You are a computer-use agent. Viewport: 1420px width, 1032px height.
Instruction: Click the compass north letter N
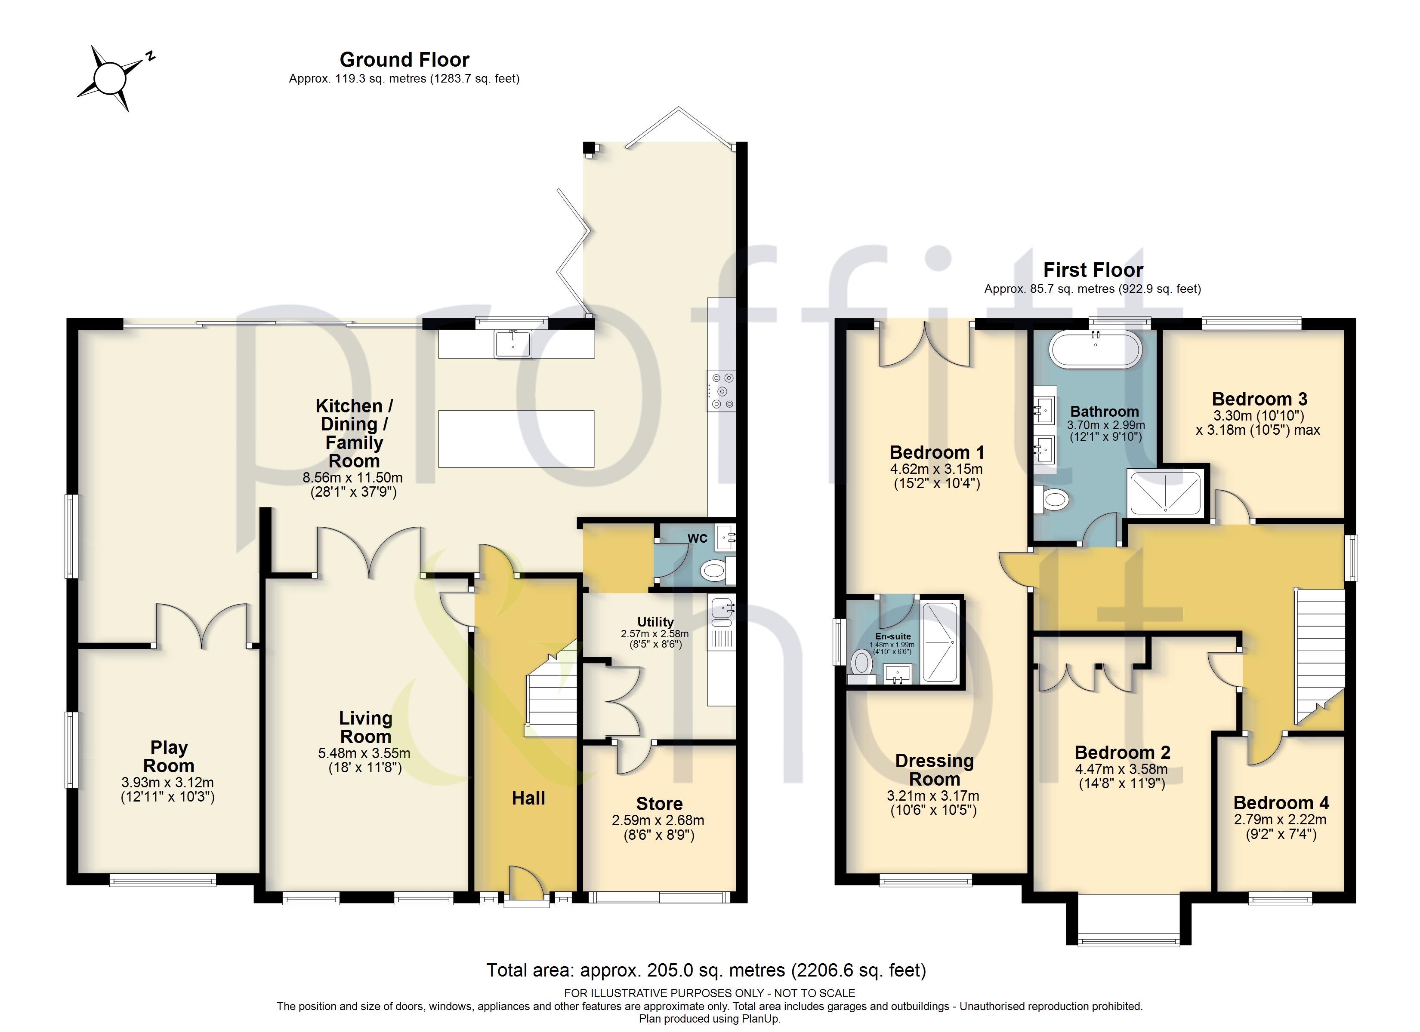coord(150,57)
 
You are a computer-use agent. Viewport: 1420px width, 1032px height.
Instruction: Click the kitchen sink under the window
coord(513,344)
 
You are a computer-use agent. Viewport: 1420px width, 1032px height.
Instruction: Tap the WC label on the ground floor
coord(698,538)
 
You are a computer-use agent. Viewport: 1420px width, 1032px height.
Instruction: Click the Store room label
coord(659,804)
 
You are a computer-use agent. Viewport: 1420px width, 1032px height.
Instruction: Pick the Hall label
coord(528,798)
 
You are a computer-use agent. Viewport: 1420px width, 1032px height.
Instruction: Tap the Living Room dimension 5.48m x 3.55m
coord(364,753)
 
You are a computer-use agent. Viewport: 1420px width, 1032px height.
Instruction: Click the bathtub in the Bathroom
coord(1095,349)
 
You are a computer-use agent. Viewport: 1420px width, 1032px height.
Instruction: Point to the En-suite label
coord(893,636)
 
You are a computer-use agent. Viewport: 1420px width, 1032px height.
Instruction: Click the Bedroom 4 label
coord(1281,802)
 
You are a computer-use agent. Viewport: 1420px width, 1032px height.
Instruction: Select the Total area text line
coord(706,970)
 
